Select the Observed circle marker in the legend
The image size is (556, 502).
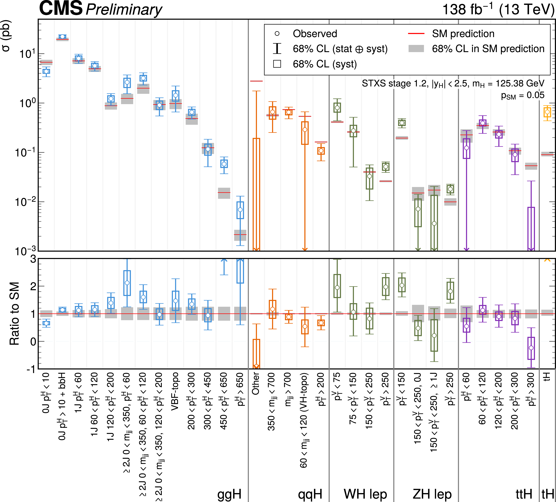[x=277, y=34]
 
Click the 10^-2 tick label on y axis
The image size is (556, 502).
[x=25, y=202]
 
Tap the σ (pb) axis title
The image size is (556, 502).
[x=6, y=36]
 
